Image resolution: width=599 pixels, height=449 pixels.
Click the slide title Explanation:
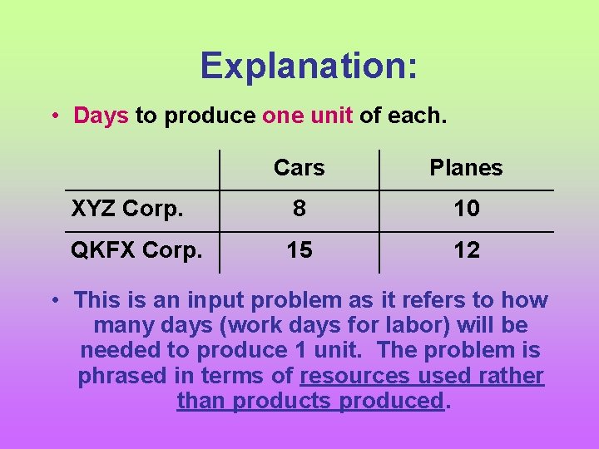click(309, 66)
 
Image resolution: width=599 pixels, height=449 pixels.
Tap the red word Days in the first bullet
click(101, 115)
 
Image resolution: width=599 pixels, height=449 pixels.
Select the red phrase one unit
click(307, 115)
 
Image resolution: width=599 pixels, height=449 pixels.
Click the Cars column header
click(299, 168)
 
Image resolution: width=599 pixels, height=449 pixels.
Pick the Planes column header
click(466, 168)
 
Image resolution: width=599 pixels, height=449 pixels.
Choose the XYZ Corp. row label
click(127, 209)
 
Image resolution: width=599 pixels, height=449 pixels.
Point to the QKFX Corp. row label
click(136, 249)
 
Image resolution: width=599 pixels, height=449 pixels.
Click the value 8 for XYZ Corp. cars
click(299, 209)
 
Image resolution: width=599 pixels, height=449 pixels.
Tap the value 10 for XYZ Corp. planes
click(466, 209)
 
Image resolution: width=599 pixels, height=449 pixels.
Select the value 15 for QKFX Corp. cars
click(299, 249)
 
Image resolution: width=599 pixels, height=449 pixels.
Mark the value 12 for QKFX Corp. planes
click(466, 249)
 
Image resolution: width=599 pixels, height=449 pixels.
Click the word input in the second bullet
click(210, 299)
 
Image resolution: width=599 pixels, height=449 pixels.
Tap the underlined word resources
click(355, 376)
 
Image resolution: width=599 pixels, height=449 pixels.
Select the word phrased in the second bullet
click(122, 376)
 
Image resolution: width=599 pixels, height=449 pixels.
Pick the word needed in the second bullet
click(117, 350)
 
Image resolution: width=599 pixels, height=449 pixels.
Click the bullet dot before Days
click(54, 116)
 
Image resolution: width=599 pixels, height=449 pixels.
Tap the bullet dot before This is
click(54, 300)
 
